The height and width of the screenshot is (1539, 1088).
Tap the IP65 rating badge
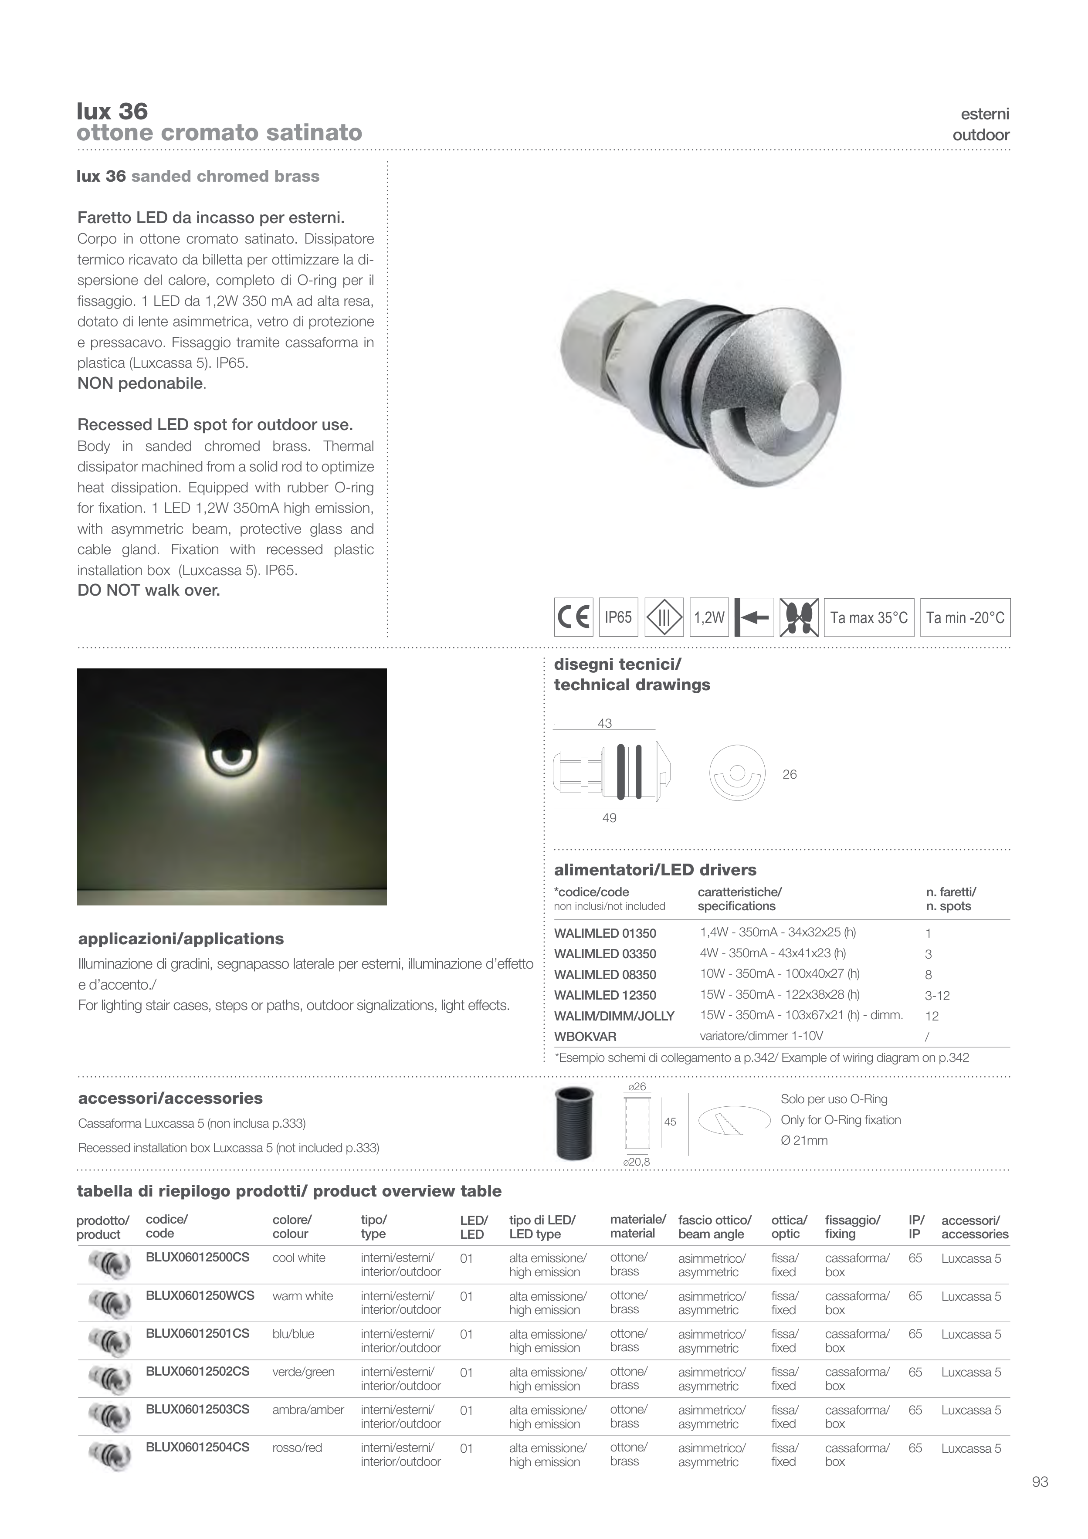pyautogui.click(x=618, y=617)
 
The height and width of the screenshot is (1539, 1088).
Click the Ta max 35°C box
pyautogui.click(x=869, y=617)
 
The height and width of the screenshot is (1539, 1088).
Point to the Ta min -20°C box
pyautogui.click(x=965, y=617)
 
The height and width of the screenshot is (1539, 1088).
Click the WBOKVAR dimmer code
pyautogui.click(x=585, y=1036)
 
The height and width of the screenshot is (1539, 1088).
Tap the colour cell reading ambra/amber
pyautogui.click(x=308, y=1410)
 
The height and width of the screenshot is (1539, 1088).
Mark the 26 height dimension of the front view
pyautogui.click(x=790, y=774)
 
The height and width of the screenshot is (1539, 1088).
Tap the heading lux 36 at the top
pyautogui.click(x=112, y=111)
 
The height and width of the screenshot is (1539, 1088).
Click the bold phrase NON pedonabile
pyautogui.click(x=140, y=383)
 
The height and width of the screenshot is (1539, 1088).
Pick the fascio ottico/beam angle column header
pyautogui.click(x=714, y=1227)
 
